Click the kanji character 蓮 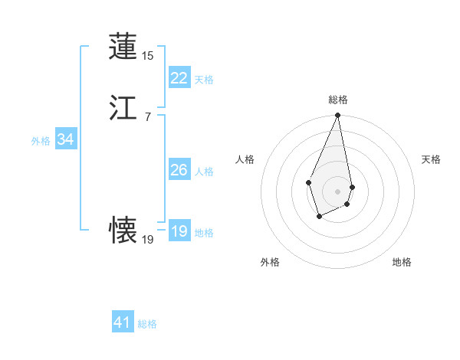pyautogui.click(x=123, y=47)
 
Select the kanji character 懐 pyautogui.click(x=123, y=229)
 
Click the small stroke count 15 pyautogui.click(x=148, y=56)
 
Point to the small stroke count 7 pyautogui.click(x=148, y=116)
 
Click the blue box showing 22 pyautogui.click(x=179, y=78)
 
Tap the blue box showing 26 pyautogui.click(x=179, y=170)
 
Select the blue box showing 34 pyautogui.click(x=65, y=140)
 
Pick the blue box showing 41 pyautogui.click(x=123, y=322)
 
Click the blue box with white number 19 pyautogui.click(x=179, y=231)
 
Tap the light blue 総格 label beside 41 pyautogui.click(x=147, y=324)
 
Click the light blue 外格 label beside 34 pyautogui.click(x=41, y=141)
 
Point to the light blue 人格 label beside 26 pyautogui.click(x=204, y=172)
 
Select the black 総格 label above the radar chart pyautogui.click(x=338, y=100)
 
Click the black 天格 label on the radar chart pyautogui.click(x=431, y=159)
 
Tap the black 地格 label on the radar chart pyautogui.click(x=402, y=262)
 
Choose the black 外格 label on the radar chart pyautogui.click(x=270, y=262)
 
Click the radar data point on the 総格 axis pyautogui.click(x=337, y=116)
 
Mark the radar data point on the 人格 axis pyautogui.click(x=308, y=182)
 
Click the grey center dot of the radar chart pyautogui.click(x=337, y=191)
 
